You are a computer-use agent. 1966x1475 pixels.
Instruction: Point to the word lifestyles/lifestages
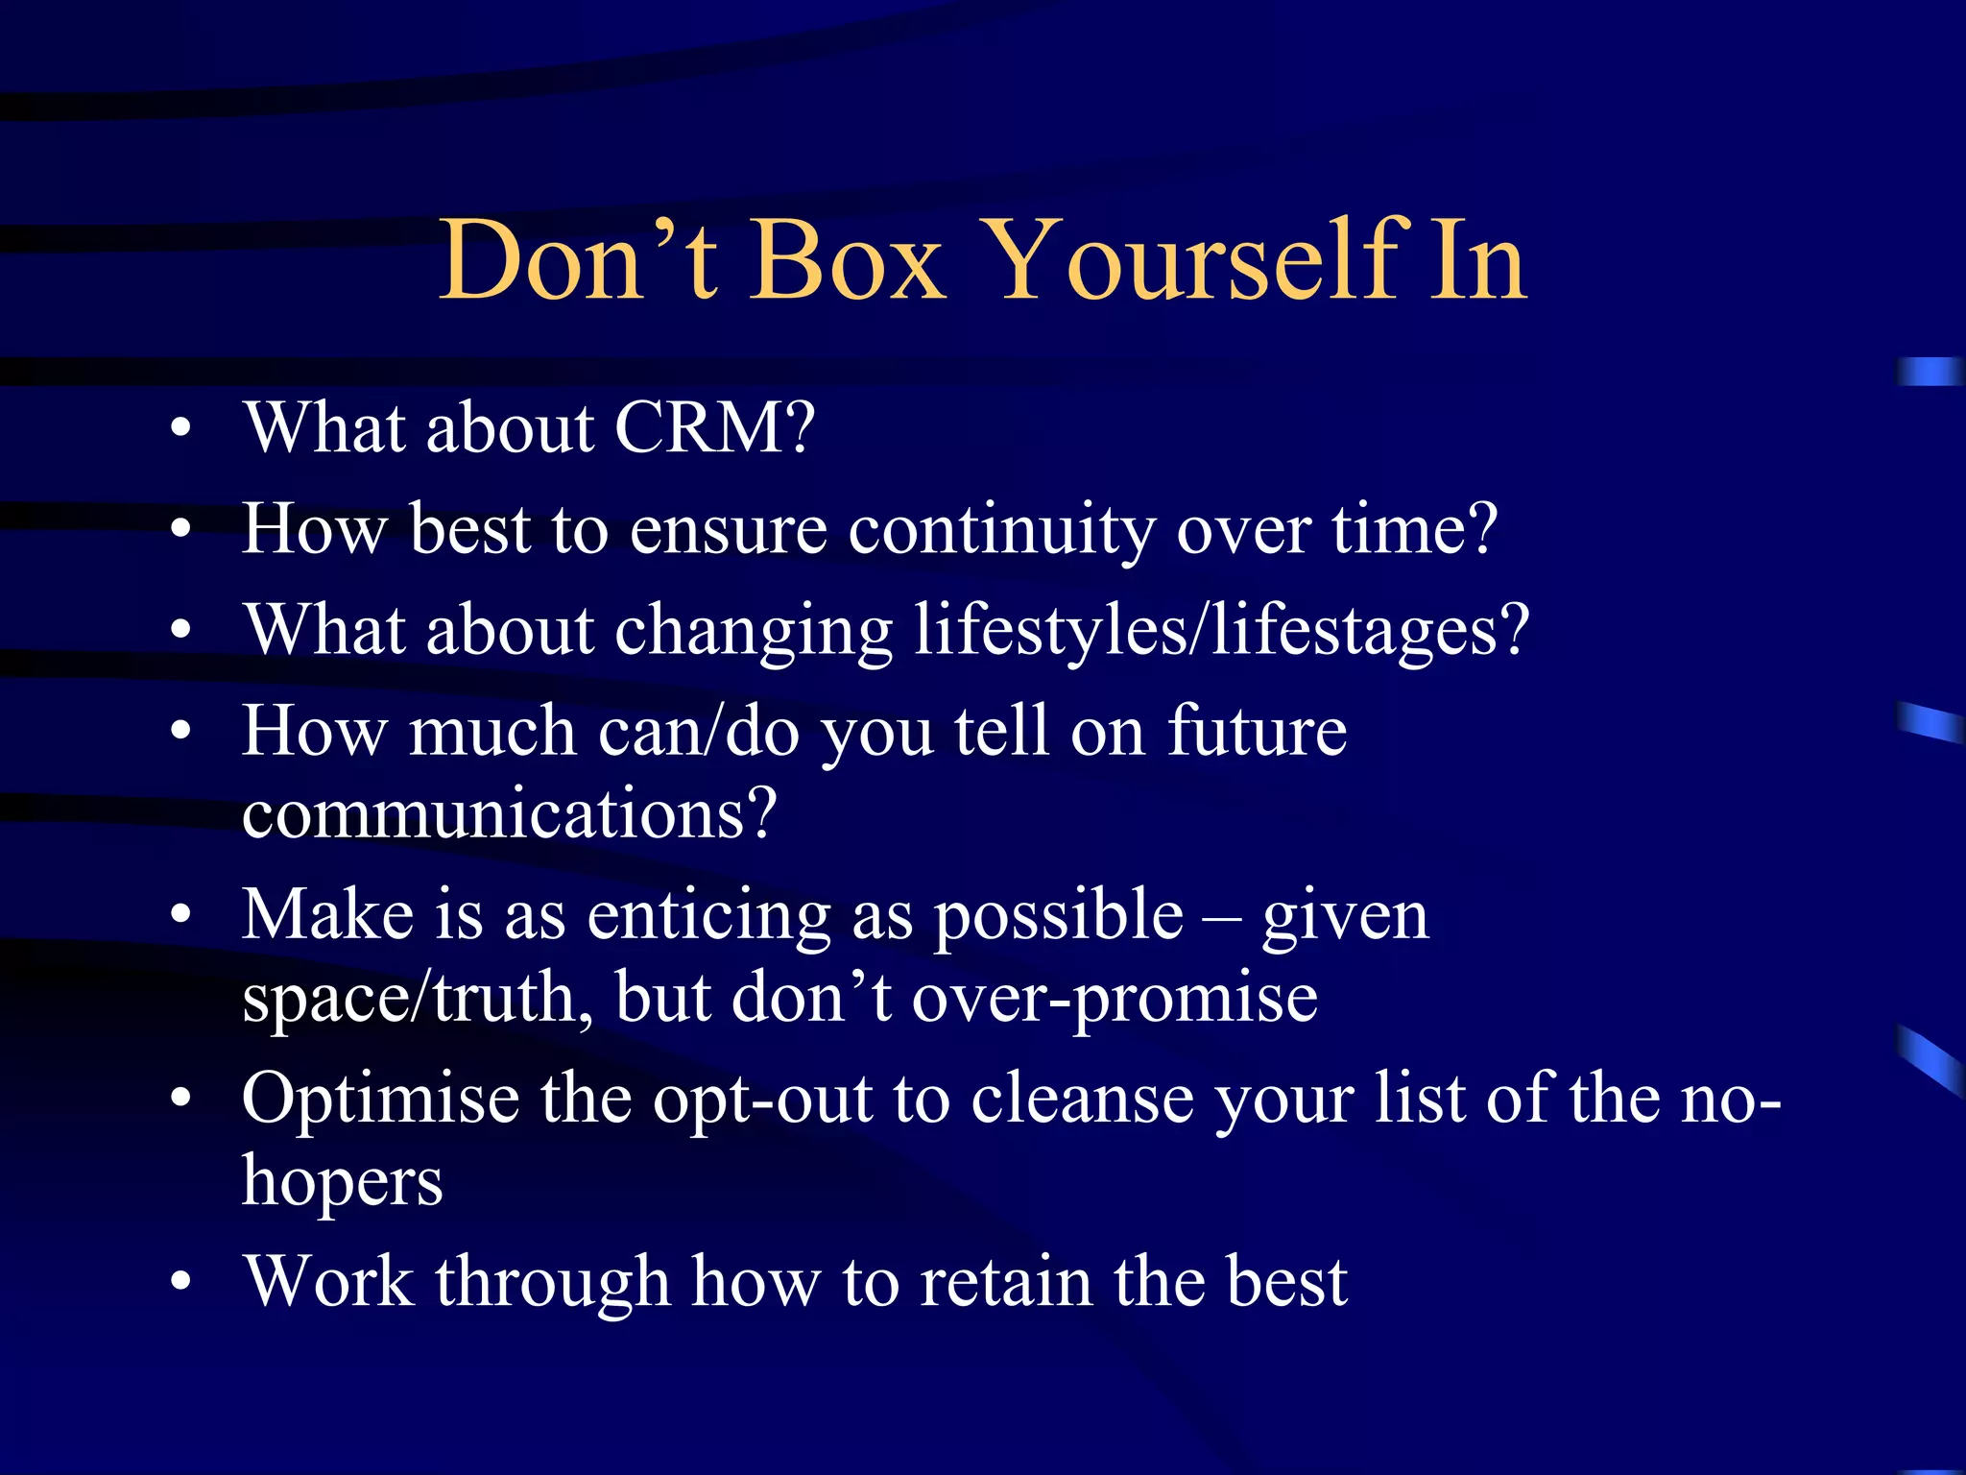(1220, 631)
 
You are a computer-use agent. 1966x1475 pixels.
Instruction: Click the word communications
(508, 813)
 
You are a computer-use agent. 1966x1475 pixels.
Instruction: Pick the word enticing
(708, 915)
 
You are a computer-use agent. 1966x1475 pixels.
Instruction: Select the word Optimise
(380, 1098)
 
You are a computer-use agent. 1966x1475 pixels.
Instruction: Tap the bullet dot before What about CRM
(180, 429)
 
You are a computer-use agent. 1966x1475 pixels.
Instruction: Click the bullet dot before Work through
(180, 1283)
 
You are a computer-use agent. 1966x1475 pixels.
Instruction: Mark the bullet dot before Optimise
(180, 1100)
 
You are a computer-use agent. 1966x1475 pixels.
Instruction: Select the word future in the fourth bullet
(1258, 732)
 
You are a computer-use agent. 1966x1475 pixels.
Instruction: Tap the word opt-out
(762, 1100)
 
